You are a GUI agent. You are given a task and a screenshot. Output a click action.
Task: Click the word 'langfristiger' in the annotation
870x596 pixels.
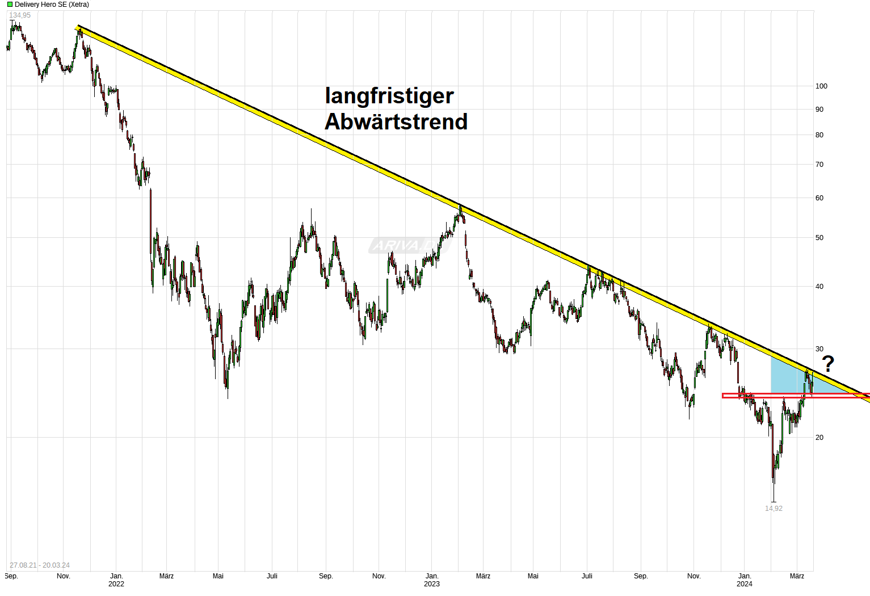click(389, 96)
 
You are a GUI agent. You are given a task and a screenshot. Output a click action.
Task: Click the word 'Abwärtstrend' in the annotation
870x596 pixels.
click(396, 121)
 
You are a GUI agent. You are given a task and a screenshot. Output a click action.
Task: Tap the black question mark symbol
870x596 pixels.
click(828, 363)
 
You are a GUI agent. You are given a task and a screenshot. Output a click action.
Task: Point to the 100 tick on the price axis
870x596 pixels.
click(821, 86)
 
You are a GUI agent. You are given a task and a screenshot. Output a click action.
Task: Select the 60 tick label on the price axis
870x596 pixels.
click(819, 198)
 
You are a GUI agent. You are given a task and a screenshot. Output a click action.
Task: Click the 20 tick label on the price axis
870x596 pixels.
click(819, 438)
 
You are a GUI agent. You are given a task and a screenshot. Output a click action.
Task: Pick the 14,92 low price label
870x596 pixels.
click(774, 509)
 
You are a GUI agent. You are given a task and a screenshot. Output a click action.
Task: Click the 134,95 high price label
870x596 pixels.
click(20, 15)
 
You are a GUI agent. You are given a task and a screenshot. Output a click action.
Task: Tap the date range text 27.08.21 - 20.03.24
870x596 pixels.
click(40, 565)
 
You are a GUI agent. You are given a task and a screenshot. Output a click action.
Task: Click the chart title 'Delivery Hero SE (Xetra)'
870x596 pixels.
click(52, 5)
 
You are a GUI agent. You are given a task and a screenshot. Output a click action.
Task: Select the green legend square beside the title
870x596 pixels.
click(10, 5)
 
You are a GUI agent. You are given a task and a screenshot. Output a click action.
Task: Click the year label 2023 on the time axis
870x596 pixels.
click(432, 584)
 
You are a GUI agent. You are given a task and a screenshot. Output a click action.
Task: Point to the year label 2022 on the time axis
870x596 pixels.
click(116, 584)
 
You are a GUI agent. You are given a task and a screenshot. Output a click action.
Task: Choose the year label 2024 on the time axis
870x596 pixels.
click(745, 584)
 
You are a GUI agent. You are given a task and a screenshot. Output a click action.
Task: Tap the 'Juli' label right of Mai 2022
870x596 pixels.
click(272, 576)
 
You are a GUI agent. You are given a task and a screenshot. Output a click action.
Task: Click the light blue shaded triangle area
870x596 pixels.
click(786, 377)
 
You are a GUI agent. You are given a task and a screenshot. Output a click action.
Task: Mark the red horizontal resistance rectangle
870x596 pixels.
click(795, 396)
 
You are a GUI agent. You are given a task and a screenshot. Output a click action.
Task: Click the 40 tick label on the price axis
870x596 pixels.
click(819, 287)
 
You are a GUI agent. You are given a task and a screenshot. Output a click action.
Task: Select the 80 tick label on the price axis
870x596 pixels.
click(819, 135)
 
